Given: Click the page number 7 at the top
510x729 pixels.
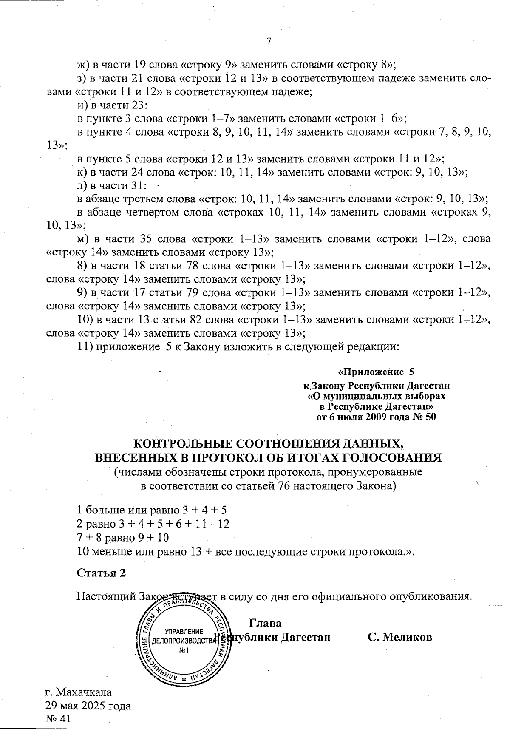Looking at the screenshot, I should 269,41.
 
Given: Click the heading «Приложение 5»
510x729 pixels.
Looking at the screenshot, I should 376,372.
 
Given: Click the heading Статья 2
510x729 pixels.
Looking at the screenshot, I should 101,573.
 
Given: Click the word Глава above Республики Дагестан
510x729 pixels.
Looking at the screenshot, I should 265,623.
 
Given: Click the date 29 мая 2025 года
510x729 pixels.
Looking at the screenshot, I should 88,706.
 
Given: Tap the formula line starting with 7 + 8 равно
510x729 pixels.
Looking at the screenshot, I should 123,538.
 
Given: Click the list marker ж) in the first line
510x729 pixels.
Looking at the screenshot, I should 82,65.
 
